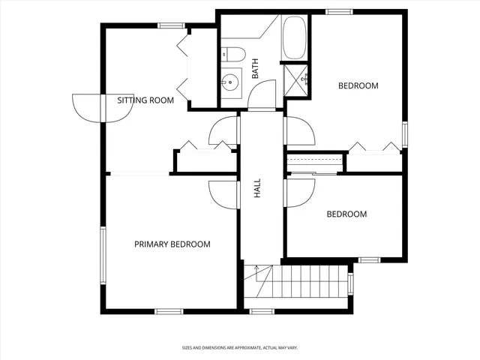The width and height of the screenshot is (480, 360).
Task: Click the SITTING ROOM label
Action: coord(145,100)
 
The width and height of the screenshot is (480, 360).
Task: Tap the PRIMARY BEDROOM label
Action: coord(172,244)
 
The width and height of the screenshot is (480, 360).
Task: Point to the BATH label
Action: coord(255,70)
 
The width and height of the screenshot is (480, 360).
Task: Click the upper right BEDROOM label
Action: coord(358,85)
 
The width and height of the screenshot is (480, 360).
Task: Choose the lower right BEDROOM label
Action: coord(346,214)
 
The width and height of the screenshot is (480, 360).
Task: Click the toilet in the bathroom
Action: coord(234,54)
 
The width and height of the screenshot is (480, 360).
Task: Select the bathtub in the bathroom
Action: coord(293,38)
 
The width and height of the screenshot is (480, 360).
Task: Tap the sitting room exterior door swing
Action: coord(85,107)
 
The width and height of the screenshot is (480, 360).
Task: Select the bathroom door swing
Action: coord(262,94)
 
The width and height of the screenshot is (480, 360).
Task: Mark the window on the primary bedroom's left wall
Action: coord(103,254)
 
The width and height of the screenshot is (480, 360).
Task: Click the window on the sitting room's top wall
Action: coord(172,25)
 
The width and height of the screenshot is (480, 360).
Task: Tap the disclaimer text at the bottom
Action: coord(239,347)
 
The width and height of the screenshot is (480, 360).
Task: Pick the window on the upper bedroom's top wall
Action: coord(339,11)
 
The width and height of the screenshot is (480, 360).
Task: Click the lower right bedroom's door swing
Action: coord(298,193)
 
